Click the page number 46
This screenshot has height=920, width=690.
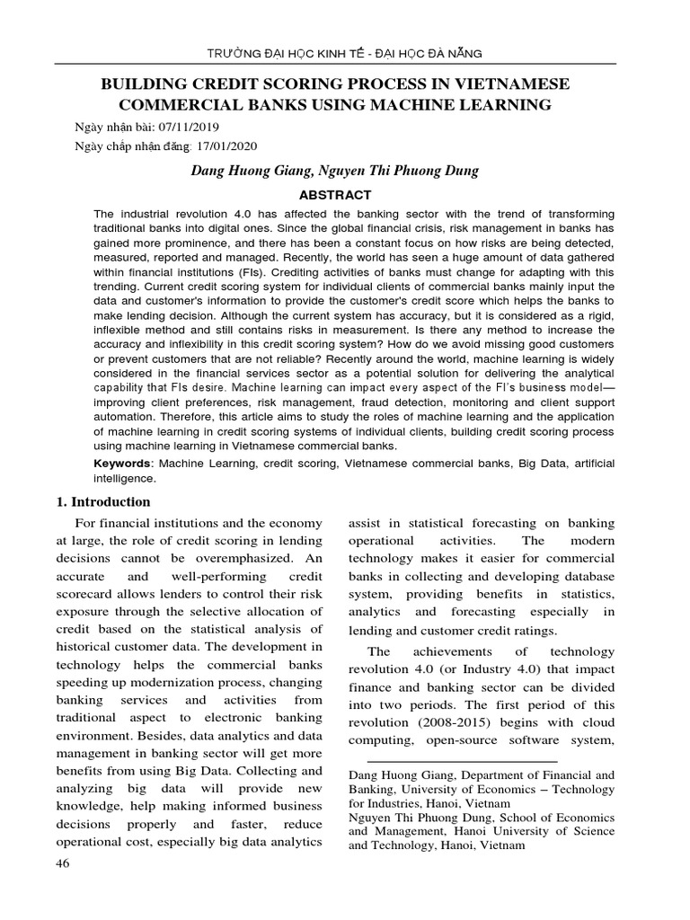pos(63,863)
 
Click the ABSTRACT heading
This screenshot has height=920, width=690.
pos(334,194)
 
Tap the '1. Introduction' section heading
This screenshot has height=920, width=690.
pos(103,502)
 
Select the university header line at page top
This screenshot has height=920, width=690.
pos(345,54)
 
